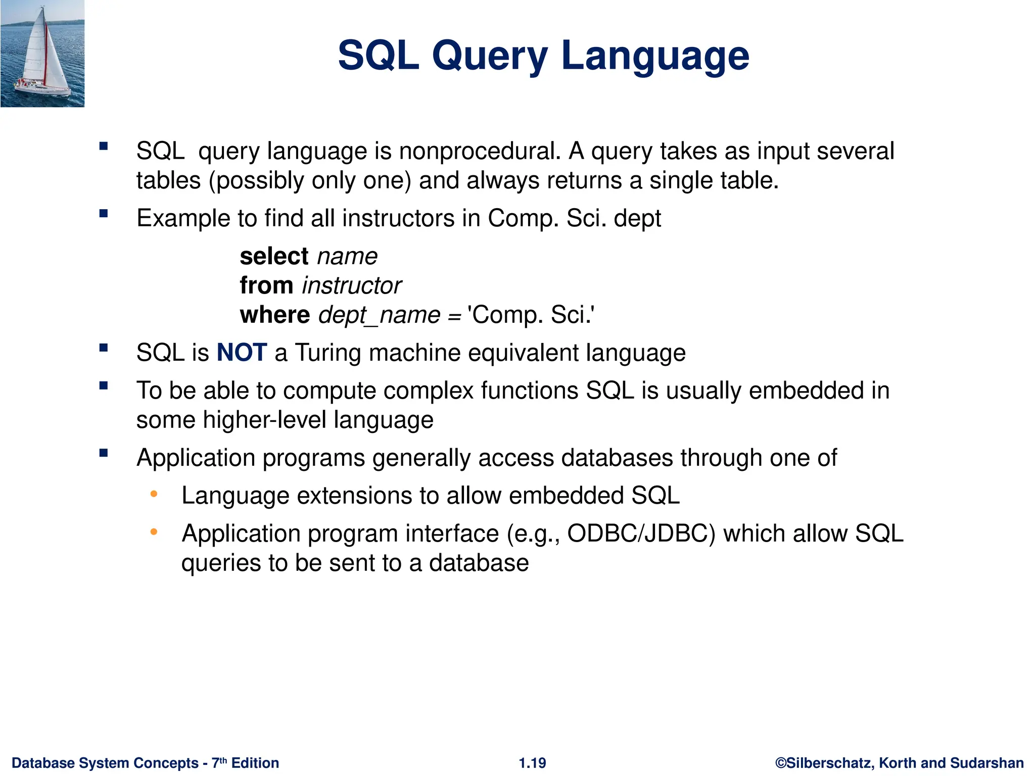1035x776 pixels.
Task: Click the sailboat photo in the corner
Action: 42,54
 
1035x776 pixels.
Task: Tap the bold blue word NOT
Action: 242,352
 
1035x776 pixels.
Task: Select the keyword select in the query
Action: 274,256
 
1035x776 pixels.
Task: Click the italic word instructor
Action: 351,285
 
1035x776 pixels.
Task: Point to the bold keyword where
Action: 274,315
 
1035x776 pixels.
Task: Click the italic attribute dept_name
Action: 379,315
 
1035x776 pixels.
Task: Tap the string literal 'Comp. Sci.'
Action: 531,315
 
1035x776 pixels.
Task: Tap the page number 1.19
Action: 532,763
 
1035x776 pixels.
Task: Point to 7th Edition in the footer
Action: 245,763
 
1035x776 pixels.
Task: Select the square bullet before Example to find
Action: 104,213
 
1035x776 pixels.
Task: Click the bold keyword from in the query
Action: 266,285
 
